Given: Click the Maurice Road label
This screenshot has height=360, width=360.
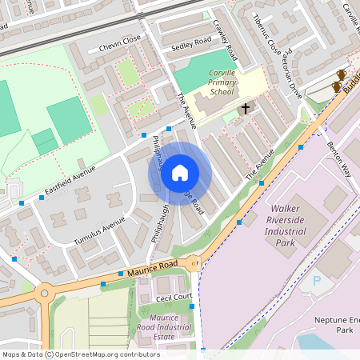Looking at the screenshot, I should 152,270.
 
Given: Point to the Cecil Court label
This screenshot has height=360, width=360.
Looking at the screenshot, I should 174,298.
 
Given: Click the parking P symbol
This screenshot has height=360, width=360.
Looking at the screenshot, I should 316,282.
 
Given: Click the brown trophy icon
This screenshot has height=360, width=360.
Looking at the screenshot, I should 340,77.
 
